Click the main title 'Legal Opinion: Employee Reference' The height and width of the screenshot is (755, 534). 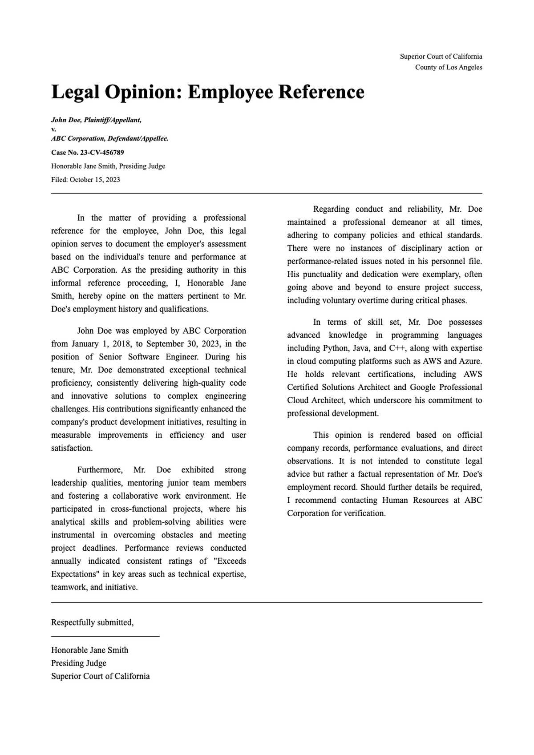click(x=208, y=92)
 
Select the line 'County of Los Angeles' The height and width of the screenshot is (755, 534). click(x=448, y=68)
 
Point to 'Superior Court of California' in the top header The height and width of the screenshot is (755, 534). click(x=441, y=57)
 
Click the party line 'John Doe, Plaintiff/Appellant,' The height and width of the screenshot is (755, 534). click(x=96, y=120)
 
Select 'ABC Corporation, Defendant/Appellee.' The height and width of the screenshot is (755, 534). click(x=109, y=139)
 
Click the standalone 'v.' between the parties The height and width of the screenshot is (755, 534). click(x=53, y=129)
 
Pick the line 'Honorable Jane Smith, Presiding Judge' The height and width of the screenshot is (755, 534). click(x=108, y=166)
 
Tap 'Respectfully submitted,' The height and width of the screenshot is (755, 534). click(x=92, y=622)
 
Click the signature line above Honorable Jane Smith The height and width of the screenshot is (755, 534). click(x=105, y=636)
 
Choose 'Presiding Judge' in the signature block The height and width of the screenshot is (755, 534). click(x=79, y=663)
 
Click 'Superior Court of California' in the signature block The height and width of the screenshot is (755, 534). click(x=100, y=676)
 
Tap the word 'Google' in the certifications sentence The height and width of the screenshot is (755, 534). click(x=423, y=387)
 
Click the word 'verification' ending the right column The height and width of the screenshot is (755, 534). click(x=363, y=513)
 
